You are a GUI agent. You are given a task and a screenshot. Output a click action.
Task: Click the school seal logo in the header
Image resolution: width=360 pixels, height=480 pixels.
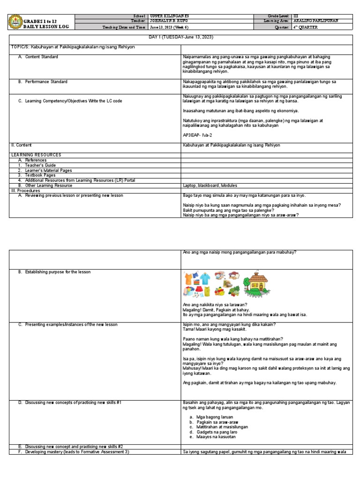click(16, 22)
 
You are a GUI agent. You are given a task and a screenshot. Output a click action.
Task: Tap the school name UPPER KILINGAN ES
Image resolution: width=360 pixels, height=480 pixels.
click(164, 16)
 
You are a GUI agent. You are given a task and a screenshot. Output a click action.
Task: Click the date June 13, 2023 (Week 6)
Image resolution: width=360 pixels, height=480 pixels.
click(168, 27)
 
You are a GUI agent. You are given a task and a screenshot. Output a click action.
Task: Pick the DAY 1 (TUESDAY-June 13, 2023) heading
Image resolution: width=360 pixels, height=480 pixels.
click(180, 37)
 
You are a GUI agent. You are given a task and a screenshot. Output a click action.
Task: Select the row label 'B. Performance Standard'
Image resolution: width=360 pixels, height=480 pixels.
click(43, 82)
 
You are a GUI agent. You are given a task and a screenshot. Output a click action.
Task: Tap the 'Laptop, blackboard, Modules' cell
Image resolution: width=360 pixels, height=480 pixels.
click(207, 185)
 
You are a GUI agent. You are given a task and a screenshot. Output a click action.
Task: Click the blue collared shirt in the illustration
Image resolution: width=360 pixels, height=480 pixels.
click(204, 279)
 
